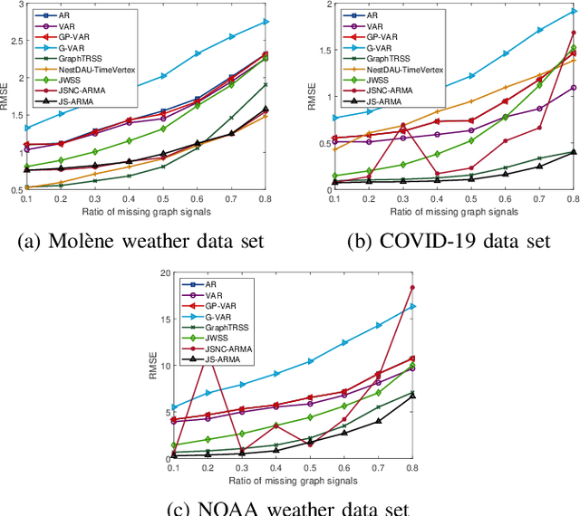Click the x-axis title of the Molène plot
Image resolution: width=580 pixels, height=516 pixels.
click(145, 211)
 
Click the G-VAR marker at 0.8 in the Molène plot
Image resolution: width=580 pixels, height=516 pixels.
click(266, 21)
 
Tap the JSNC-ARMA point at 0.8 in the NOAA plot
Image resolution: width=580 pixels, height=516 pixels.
click(412, 288)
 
